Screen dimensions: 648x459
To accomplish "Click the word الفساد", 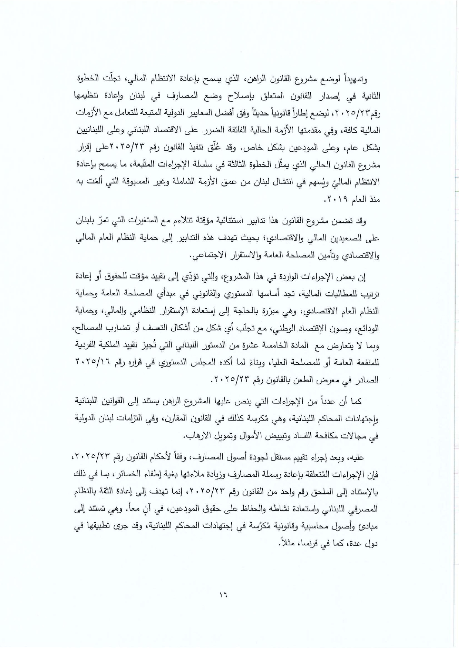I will point(267,436).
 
